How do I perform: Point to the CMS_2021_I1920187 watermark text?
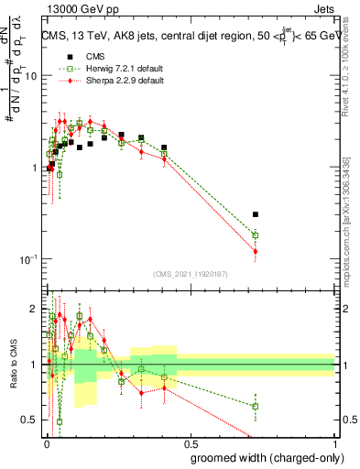click(x=189, y=274)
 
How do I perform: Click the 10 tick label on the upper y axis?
click(x=30, y=76)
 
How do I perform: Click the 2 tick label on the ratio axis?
click(x=33, y=309)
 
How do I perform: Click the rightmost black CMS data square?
click(x=256, y=214)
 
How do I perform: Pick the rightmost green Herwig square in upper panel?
click(x=256, y=235)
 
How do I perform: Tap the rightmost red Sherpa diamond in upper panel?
click(x=256, y=251)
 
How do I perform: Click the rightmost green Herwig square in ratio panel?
click(x=256, y=406)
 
